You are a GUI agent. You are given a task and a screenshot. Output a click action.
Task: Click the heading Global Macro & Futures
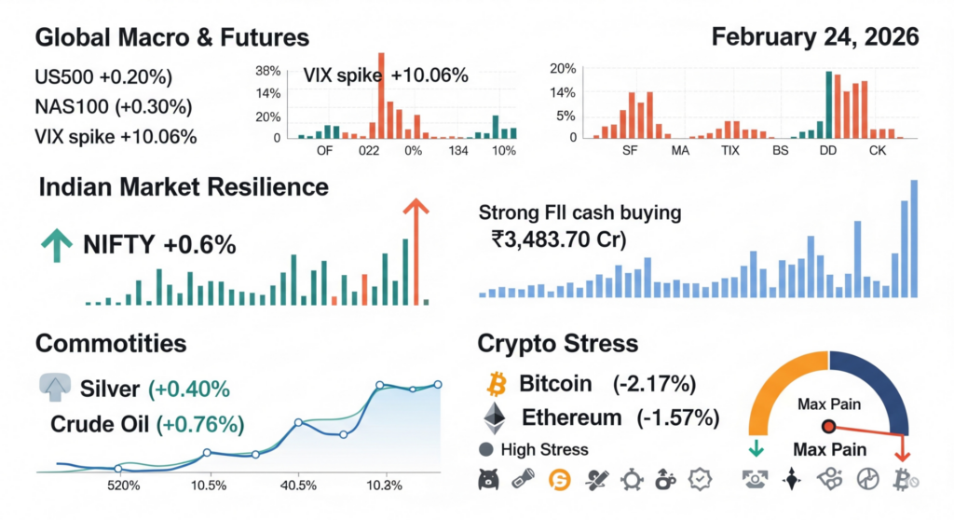click(171, 38)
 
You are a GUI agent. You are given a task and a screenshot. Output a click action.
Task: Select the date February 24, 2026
click(814, 38)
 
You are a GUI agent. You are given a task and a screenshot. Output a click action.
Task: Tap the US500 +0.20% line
click(102, 76)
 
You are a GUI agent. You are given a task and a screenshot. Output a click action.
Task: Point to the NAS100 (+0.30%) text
click(113, 106)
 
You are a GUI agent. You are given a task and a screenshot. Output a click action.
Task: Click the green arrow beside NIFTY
click(56, 245)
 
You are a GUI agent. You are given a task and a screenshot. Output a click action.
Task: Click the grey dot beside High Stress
click(485, 450)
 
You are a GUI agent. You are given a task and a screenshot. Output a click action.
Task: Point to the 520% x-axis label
click(123, 486)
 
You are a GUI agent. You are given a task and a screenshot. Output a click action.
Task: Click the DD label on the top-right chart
click(826, 150)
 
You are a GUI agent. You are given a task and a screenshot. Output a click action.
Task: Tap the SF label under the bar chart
click(631, 150)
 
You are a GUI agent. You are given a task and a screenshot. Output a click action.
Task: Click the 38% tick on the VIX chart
click(268, 72)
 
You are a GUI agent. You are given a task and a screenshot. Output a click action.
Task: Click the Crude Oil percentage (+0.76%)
click(201, 425)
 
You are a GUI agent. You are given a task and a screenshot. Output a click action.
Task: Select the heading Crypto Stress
click(557, 343)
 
